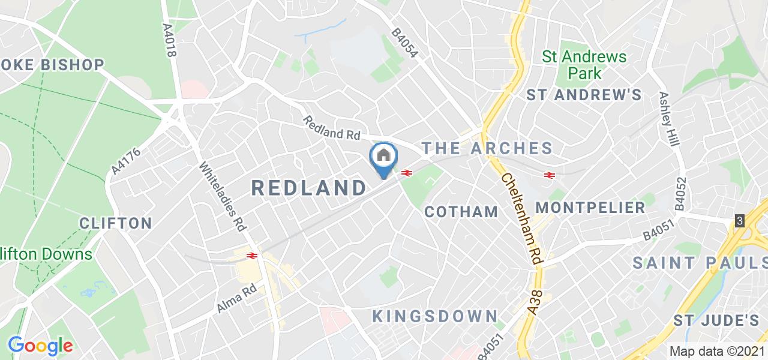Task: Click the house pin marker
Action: coord(384,158)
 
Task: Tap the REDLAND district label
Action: coord(309,188)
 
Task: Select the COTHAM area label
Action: coord(461,212)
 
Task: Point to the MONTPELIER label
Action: coord(590,208)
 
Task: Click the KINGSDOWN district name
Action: coord(435,316)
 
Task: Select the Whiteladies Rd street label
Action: coord(223,197)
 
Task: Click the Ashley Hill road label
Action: coord(668,119)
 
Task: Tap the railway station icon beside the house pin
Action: coord(406,173)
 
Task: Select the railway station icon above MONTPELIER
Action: coord(548,175)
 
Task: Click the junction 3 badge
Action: coord(740,221)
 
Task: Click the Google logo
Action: coord(40,346)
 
